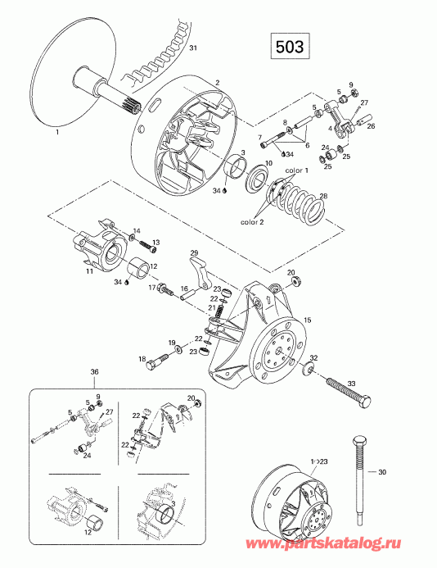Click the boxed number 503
pos(290,47)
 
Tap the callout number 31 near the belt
pos(193,48)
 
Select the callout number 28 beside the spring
pos(323,196)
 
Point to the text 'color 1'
pos(296,170)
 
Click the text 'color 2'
pos(252,222)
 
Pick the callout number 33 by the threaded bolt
pos(351,384)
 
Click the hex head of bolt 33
pos(364,402)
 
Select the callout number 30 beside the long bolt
pos(382,472)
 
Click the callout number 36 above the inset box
pos(94,371)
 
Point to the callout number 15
pos(308,320)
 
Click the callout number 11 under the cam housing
pos(89,271)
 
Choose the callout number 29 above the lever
pos(194,252)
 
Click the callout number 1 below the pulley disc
pos(57,133)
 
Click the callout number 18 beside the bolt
pos(142,359)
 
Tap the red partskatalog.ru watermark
pos(323,554)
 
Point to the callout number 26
pos(371,126)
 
